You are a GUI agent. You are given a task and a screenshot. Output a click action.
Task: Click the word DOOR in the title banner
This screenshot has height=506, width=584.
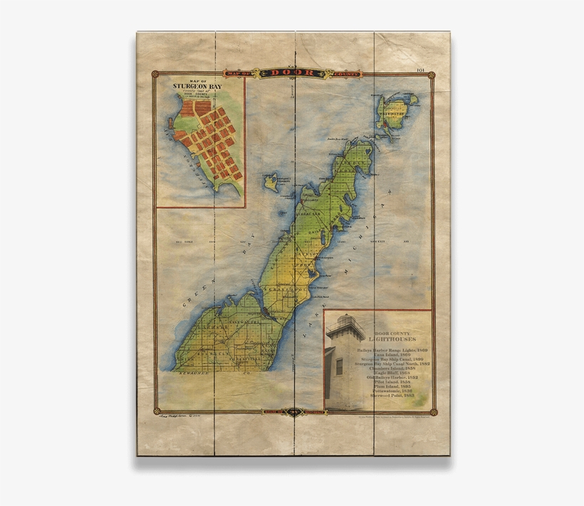click(x=293, y=73)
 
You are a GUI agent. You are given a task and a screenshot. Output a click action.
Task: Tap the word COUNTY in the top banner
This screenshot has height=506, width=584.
click(x=340, y=73)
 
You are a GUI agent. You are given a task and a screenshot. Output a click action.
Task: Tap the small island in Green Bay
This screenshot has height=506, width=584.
click(x=271, y=182)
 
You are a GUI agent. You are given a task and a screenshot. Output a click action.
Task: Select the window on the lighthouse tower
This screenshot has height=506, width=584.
click(x=339, y=367)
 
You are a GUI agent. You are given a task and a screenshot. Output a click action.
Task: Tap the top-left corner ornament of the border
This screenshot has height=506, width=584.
click(x=153, y=73)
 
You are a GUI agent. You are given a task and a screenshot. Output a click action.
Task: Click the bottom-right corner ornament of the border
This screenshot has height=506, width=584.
click(x=432, y=411)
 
